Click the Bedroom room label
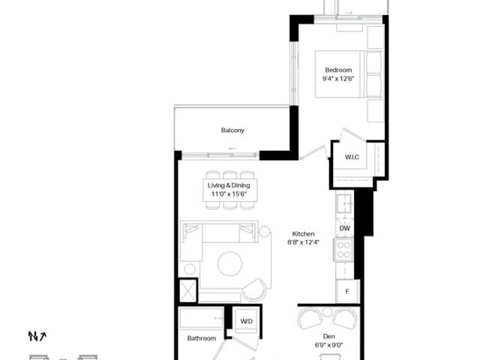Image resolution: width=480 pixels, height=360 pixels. point(338,70)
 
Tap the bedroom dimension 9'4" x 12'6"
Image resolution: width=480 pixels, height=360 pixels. point(338,79)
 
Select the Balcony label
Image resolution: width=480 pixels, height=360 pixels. point(232,130)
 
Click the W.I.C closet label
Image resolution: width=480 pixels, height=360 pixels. point(352,157)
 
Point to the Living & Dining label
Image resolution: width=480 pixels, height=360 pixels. point(229,185)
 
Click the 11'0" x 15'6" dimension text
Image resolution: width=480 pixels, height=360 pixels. point(229,193)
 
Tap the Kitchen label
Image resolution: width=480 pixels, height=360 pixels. point(303,234)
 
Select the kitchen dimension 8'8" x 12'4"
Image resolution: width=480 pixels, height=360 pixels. point(303,242)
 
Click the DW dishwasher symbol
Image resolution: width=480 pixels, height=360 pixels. point(345,228)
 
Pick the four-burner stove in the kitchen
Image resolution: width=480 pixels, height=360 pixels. point(343,250)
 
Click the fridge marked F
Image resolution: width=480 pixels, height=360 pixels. point(347,292)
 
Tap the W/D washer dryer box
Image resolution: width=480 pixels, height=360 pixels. point(247,321)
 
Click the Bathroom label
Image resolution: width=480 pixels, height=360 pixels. point(202,338)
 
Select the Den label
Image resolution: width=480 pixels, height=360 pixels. point(328,337)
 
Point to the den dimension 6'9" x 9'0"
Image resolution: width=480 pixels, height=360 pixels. point(328,345)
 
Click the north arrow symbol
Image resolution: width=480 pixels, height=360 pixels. point(37,336)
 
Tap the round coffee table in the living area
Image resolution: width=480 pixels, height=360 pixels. point(230,263)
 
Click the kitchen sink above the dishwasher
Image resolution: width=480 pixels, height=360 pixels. point(345,203)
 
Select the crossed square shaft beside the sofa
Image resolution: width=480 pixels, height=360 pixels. point(187,290)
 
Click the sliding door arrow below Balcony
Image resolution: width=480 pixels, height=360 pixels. point(232,148)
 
